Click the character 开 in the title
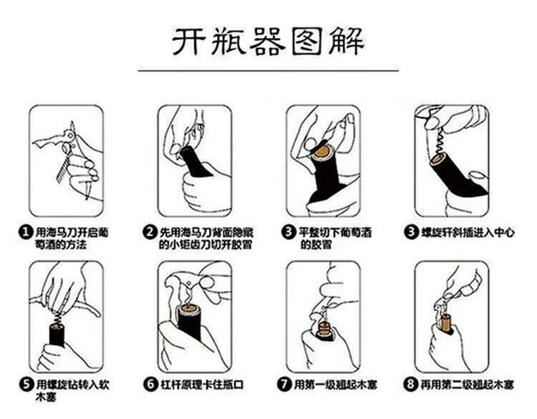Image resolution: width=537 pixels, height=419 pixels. (188, 42)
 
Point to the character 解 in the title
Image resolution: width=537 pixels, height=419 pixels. (347, 42)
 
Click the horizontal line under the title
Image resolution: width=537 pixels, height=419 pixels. (268, 71)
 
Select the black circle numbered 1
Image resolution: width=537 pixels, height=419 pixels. (25, 232)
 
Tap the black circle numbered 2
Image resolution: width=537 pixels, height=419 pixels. (150, 232)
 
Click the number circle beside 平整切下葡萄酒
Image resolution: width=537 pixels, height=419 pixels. (288, 232)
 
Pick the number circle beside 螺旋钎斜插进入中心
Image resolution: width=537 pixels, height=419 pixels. (410, 232)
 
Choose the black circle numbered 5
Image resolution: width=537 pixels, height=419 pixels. (26, 385)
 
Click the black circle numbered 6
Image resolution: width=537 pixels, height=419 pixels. (150, 385)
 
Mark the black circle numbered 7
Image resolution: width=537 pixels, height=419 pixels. (284, 384)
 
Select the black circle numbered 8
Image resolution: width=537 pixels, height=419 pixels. (410, 384)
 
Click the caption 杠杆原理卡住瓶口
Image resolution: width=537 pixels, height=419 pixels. (203, 385)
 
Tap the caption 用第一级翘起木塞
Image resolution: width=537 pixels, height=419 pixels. (336, 385)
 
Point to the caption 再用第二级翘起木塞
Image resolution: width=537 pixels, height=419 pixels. (467, 385)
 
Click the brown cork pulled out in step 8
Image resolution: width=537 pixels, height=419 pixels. (447, 323)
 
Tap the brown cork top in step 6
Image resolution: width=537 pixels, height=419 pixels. (189, 311)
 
